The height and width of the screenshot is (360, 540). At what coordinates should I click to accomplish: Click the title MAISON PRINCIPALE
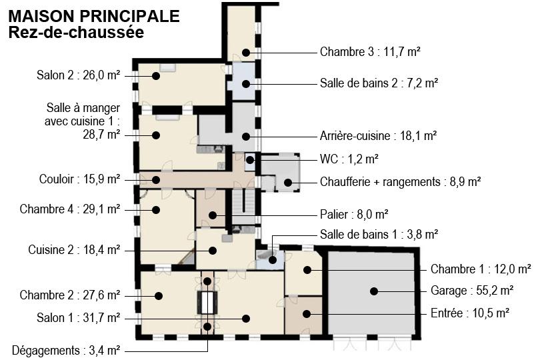(94, 16)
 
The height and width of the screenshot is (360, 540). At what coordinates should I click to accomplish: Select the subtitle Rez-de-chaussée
(76, 32)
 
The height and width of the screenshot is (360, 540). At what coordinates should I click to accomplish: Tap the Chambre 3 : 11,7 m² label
(370, 52)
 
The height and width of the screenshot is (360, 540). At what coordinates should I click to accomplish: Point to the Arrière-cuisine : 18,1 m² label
(378, 136)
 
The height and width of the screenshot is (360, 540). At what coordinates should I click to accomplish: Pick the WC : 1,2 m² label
(349, 159)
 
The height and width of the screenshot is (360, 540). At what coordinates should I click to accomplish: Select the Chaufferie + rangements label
(380, 181)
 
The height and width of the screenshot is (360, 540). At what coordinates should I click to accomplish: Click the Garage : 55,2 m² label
(472, 291)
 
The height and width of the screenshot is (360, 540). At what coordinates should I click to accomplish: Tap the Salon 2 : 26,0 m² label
(79, 75)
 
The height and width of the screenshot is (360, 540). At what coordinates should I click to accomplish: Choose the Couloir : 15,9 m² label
(79, 179)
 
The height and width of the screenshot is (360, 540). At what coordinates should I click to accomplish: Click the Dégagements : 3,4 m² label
(66, 351)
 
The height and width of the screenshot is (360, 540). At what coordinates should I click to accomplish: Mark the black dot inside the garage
(374, 291)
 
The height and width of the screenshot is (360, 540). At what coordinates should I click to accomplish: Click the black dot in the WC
(250, 160)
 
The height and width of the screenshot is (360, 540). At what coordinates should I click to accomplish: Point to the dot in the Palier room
(213, 215)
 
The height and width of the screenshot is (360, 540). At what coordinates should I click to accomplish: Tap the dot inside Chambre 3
(245, 53)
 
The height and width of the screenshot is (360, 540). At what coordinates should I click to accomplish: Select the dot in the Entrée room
(307, 314)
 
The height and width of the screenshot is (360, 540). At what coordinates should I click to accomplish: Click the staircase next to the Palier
(243, 207)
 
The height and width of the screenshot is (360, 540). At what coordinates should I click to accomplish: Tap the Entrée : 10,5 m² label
(470, 313)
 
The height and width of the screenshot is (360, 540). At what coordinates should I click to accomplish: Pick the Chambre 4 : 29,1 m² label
(70, 209)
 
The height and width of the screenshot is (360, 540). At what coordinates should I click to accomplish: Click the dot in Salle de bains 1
(272, 260)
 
